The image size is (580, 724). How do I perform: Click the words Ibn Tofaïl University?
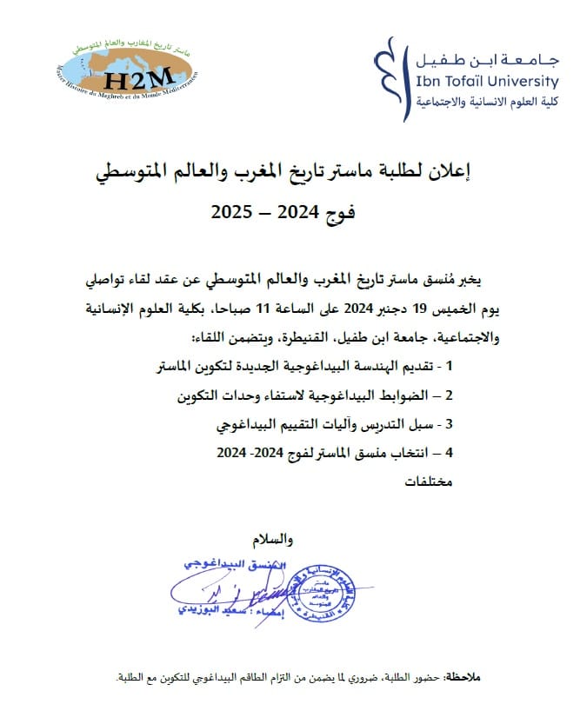(488, 82)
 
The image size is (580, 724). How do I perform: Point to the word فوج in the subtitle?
(340, 211)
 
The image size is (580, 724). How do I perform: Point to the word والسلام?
(272, 540)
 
